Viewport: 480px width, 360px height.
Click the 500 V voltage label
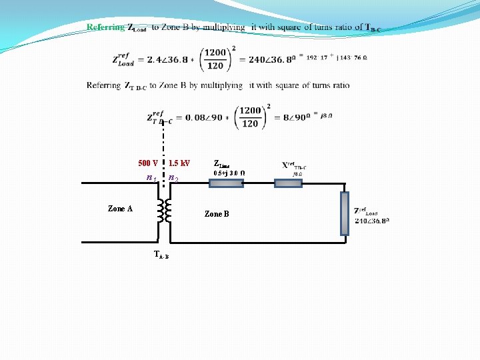pos(147,163)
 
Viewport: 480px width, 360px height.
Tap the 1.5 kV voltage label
pos(179,163)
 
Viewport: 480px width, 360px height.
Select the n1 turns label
pos(151,178)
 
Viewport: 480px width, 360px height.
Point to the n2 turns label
pos(173,178)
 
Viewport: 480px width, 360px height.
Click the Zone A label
pos(120,209)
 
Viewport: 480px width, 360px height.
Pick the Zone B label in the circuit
pos(217,214)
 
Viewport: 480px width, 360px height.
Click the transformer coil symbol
pos(163,211)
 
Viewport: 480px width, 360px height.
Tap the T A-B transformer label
pos(161,254)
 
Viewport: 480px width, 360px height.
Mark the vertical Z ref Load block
pos(344,213)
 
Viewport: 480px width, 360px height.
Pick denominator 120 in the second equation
pos(249,124)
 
